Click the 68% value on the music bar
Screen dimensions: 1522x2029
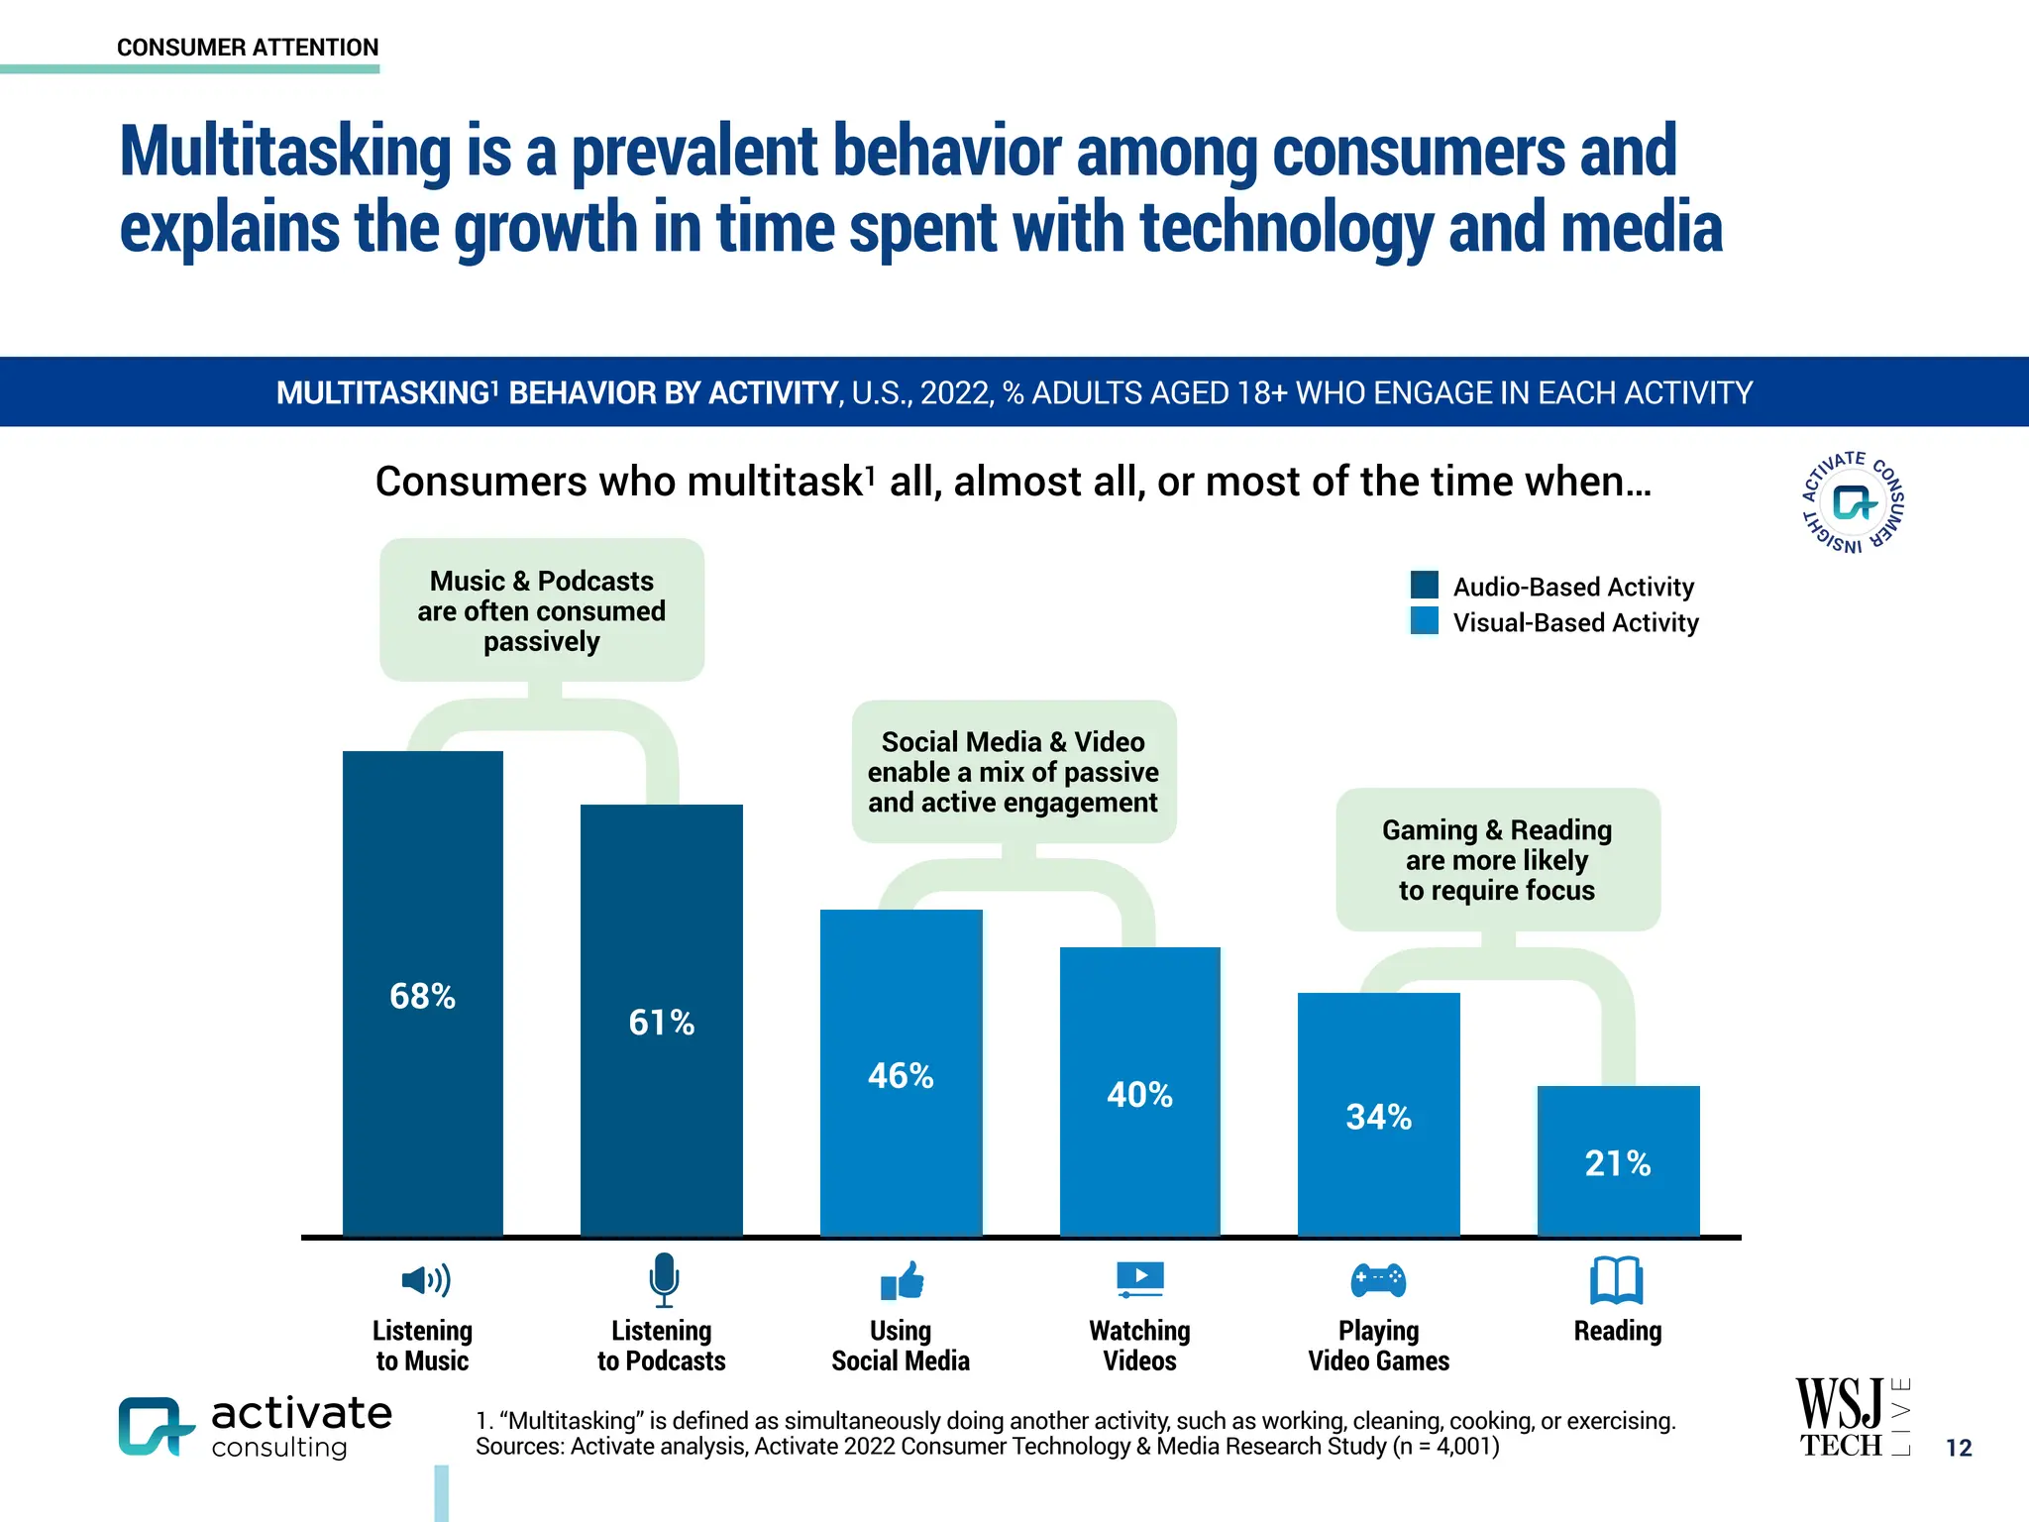pos(422,996)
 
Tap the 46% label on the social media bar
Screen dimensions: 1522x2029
pos(901,1076)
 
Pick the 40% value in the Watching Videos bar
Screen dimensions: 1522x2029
pos(1139,1095)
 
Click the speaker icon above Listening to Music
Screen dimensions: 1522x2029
pos(425,1280)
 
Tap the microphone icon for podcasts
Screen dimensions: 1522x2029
pos(663,1279)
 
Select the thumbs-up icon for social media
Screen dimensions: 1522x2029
pos(903,1281)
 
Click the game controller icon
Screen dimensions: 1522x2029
pos(1378,1279)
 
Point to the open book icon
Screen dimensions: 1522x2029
pos(1616,1280)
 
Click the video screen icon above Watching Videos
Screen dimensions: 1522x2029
pos(1140,1279)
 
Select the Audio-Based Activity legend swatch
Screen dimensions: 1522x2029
pos(1424,585)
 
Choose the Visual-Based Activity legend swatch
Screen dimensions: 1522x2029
pos(1424,621)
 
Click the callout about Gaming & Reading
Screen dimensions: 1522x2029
pos(1497,859)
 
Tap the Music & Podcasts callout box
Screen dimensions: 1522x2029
pos(541,610)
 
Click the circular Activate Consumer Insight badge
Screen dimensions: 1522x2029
pos(1852,502)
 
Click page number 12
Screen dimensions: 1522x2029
pos(1959,1448)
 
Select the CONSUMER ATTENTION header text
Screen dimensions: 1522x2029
pos(248,48)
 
